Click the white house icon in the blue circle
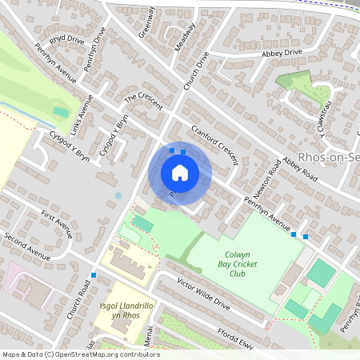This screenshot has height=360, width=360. [x=180, y=173]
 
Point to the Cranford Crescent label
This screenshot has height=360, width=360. [x=214, y=145]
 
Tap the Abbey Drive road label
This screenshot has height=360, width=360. [x=282, y=53]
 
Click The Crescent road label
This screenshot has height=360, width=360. [x=143, y=103]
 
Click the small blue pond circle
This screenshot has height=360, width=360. [x=118, y=194]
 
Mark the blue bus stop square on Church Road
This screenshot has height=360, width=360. [x=94, y=275]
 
